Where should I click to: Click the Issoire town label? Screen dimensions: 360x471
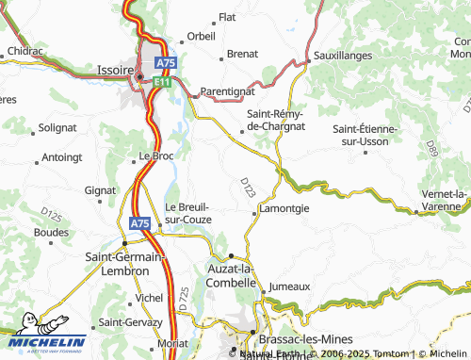(115, 68)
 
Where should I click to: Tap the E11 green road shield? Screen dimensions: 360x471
(162, 82)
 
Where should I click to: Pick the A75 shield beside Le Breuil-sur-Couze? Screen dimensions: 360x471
(138, 223)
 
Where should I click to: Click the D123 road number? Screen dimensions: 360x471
(246, 186)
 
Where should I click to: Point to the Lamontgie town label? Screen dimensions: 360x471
(283, 209)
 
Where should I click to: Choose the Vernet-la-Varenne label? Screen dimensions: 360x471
(443, 200)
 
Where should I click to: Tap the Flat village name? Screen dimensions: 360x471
(227, 17)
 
